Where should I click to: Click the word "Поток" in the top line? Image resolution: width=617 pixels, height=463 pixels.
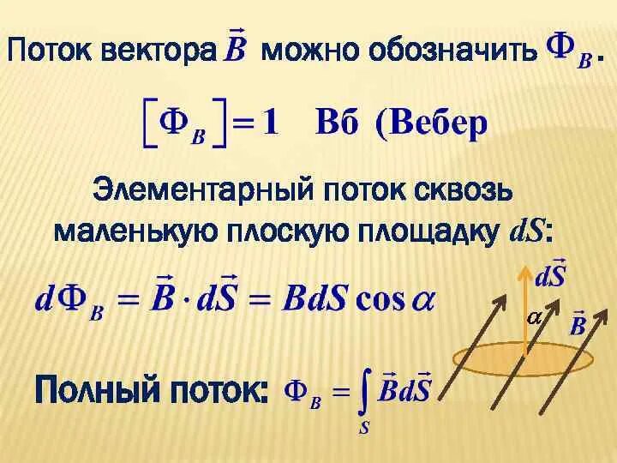pos(50,51)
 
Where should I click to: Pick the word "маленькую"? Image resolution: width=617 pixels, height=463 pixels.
pos(138,231)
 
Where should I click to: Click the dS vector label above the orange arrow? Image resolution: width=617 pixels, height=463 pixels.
pos(549,275)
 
